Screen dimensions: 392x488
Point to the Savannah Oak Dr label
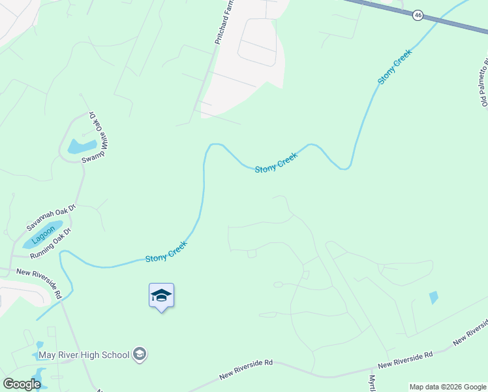(52, 216)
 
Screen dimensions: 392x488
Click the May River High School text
(84, 355)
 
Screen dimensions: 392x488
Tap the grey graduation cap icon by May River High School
(139, 355)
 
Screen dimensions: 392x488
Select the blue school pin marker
(161, 296)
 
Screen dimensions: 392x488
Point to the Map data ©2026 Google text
(448, 387)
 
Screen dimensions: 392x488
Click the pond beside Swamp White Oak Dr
(82, 146)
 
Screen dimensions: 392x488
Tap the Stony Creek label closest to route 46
(395, 67)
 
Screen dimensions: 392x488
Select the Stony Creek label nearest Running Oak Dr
(166, 252)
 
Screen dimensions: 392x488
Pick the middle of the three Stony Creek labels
(276, 162)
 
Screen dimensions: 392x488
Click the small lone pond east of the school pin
(434, 297)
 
